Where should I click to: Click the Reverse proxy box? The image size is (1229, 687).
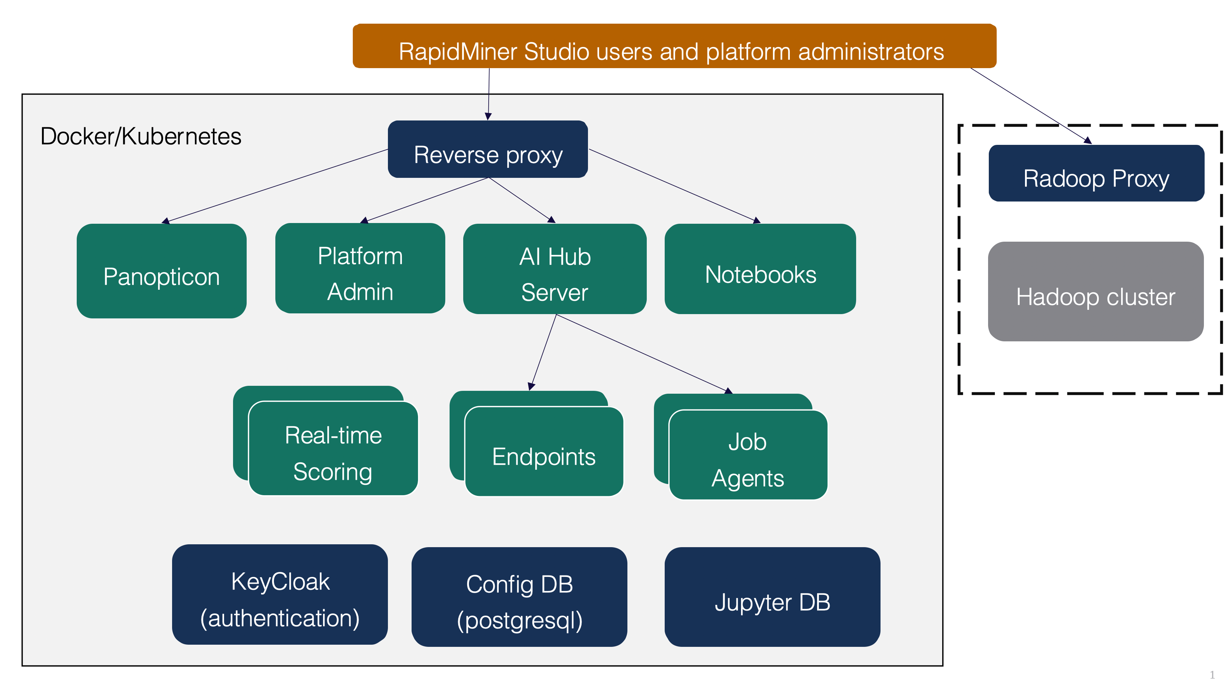488,149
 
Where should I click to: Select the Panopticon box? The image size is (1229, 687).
161,271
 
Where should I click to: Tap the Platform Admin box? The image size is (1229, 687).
360,269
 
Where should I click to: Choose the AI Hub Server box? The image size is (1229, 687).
555,269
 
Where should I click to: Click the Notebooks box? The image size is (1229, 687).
760,269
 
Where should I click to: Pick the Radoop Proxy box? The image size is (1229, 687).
1096,173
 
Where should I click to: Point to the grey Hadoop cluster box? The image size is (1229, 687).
1095,292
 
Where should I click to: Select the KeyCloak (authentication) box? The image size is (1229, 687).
280,594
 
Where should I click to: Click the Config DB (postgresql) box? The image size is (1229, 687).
519,597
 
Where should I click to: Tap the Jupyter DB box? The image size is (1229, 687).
772,597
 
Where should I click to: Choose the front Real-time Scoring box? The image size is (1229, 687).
333,449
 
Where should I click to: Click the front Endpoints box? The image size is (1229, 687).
544,452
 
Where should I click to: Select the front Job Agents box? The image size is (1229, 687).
748,455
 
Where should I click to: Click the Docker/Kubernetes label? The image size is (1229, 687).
141,137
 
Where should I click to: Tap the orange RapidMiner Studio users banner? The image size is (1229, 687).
674,46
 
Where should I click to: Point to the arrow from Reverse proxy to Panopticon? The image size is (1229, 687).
277,186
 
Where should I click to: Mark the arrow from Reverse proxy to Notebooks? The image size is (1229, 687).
673,185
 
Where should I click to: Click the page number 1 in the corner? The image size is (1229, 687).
1212,674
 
